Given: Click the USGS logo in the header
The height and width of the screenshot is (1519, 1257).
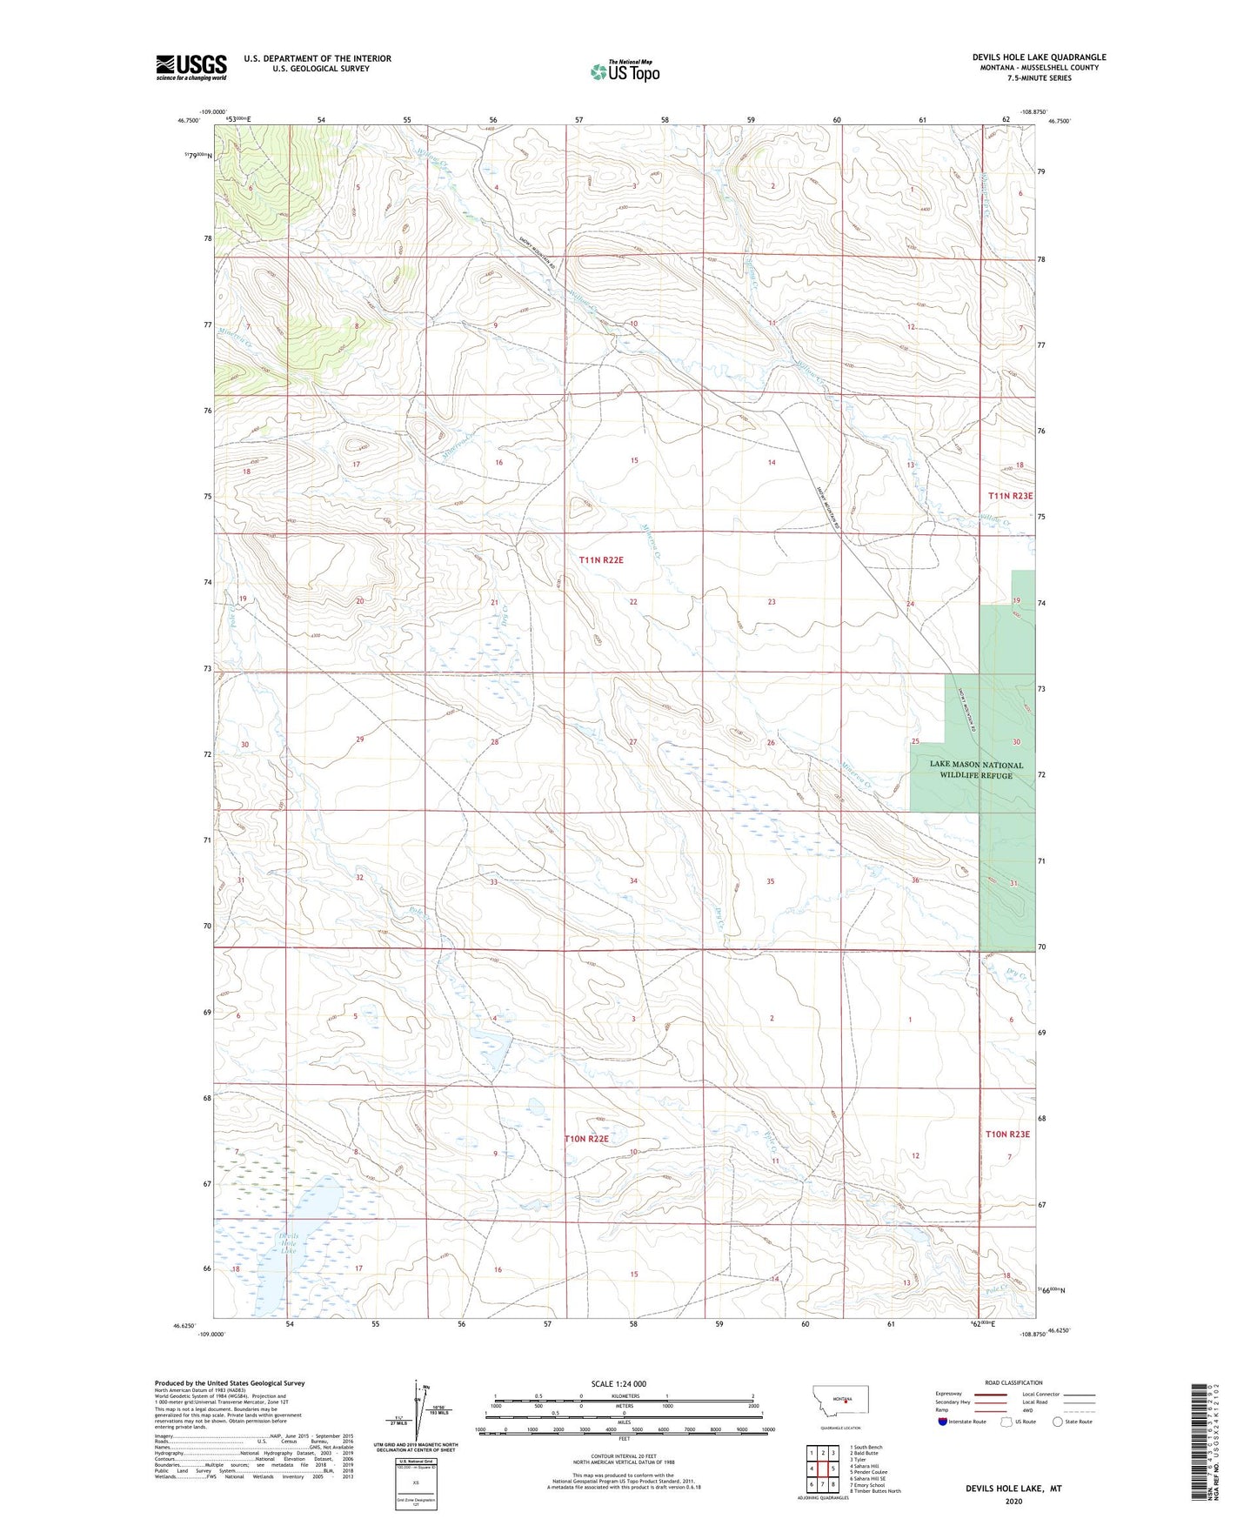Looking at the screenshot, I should (x=191, y=67).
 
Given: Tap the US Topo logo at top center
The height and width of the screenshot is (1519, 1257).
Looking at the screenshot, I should (x=625, y=71).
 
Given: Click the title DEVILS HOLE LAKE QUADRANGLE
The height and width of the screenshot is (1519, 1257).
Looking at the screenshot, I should (x=1039, y=57).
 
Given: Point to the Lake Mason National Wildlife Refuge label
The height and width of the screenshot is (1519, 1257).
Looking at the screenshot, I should (x=976, y=770).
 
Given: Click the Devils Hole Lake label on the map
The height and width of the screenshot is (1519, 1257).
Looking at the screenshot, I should (x=288, y=1243).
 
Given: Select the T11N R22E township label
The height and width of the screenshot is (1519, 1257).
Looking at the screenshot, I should (x=601, y=560).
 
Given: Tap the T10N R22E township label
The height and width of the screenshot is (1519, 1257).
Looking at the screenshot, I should (x=586, y=1138).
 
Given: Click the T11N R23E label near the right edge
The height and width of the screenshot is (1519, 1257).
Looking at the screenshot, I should (x=1010, y=496).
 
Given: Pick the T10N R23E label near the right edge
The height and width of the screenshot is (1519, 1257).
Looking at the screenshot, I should (x=1007, y=1134).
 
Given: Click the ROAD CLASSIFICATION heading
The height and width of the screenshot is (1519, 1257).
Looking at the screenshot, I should (x=1013, y=1382).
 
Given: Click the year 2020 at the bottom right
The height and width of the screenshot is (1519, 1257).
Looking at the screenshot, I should (x=1013, y=1502).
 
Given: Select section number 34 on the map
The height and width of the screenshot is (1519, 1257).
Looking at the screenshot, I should (x=633, y=881).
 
